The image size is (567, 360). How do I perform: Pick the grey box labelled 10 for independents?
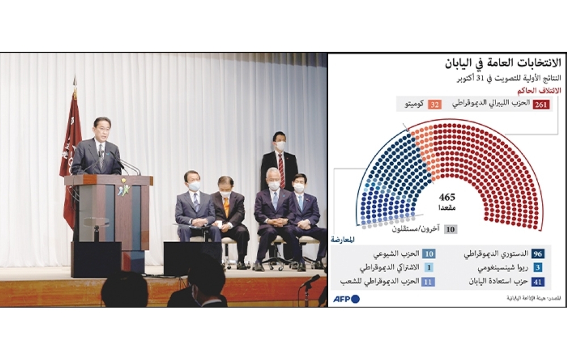(450, 229)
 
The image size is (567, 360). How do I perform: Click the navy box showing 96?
(539, 254)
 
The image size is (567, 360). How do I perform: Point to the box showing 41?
(539, 281)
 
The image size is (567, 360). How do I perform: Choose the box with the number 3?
(539, 267)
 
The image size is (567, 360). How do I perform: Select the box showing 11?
(429, 281)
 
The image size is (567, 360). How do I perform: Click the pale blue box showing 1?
(429, 267)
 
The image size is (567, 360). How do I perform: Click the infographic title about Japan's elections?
(497, 62)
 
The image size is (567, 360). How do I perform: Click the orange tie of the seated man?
(226, 205)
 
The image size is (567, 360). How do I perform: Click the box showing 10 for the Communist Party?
(429, 254)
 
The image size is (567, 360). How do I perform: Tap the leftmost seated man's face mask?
(194, 187)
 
